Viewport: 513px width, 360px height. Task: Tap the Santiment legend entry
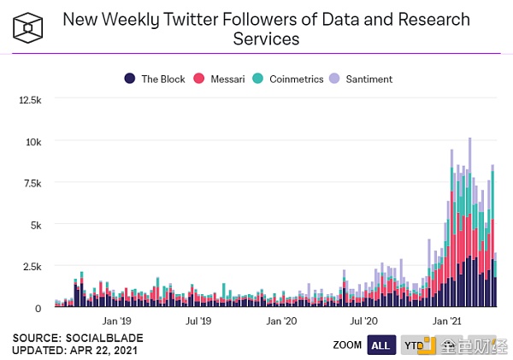click(364, 79)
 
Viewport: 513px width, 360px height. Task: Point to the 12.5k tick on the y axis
click(30, 100)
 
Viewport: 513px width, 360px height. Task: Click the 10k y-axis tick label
click(32, 141)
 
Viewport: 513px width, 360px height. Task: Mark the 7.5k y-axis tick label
click(32, 183)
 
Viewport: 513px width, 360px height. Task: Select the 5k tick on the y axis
click(35, 224)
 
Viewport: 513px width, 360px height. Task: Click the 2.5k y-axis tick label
click(32, 266)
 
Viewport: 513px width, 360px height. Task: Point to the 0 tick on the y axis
click(38, 307)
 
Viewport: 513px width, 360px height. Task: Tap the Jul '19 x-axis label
click(198, 322)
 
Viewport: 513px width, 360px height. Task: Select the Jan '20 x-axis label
click(281, 322)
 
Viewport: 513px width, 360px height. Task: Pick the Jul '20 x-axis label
click(364, 322)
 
